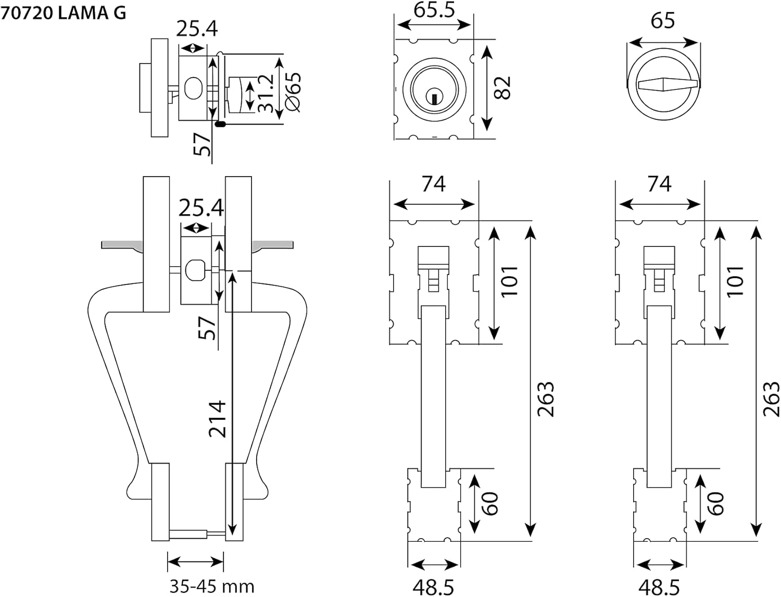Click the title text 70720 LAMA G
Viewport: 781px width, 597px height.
coord(64,13)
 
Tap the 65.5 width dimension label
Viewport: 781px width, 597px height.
coord(434,9)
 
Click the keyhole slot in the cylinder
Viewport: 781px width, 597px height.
coord(434,98)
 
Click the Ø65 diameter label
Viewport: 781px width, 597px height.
coord(293,92)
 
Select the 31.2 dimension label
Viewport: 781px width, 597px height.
coord(266,93)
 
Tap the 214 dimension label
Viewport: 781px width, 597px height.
coord(217,419)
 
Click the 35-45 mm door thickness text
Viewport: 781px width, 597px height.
coord(212,586)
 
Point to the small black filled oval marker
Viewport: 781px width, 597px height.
coord(221,124)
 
